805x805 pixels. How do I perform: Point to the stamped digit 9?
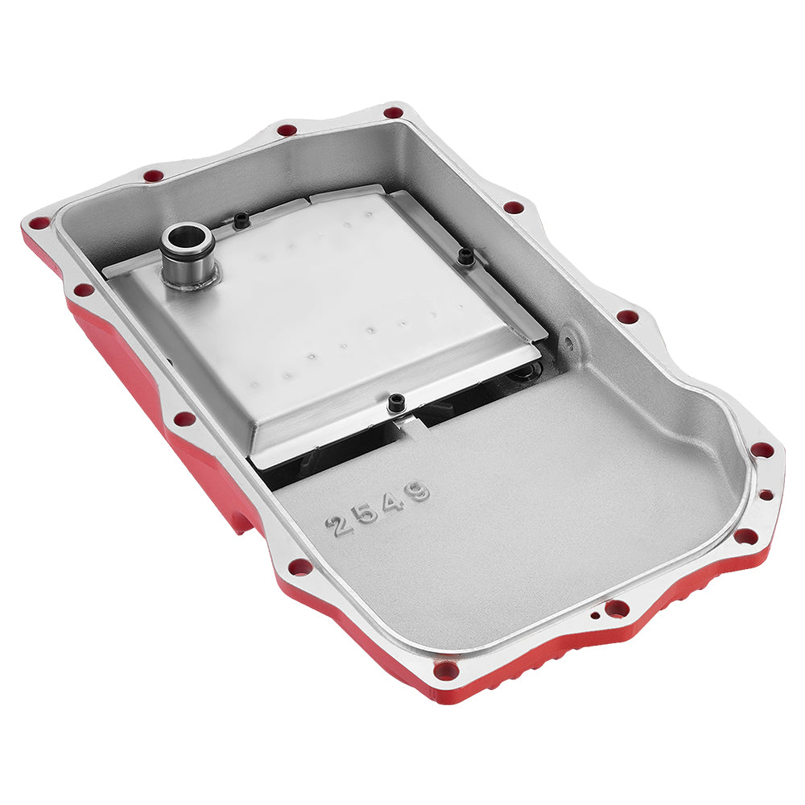(x=419, y=490)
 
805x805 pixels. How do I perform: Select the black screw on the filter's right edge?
(x=465, y=257)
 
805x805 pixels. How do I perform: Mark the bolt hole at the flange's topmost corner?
(x=393, y=114)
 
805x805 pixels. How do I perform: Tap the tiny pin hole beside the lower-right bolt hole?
(x=594, y=617)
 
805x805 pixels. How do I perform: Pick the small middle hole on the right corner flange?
(x=766, y=494)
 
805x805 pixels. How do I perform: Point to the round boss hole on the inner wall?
(x=569, y=343)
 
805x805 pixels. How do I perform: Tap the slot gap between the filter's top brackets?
(x=308, y=197)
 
